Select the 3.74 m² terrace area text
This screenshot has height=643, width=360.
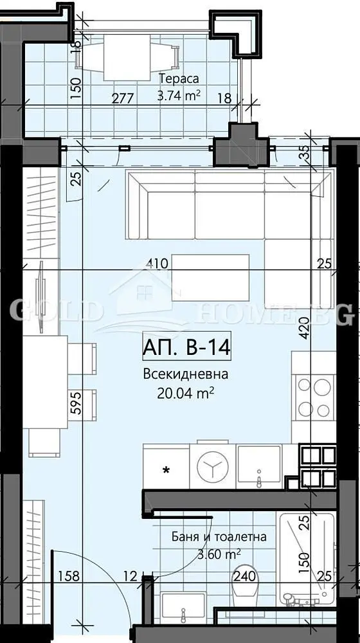coord(179,96)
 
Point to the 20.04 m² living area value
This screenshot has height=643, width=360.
coord(185,394)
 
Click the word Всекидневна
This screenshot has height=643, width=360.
coord(185,374)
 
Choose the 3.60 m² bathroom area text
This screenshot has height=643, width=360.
coord(219,554)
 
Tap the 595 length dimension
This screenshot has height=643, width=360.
coord(76,404)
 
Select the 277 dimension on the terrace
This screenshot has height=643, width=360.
coord(123,98)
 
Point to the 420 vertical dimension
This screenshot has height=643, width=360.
coord(304,328)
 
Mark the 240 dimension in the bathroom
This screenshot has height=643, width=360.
coord(245,576)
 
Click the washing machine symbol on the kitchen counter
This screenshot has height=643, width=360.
coord(212,466)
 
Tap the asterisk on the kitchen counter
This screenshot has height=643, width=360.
coord(166,471)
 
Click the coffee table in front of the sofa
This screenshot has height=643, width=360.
coord(210,278)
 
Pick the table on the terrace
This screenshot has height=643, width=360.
coord(127,57)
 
